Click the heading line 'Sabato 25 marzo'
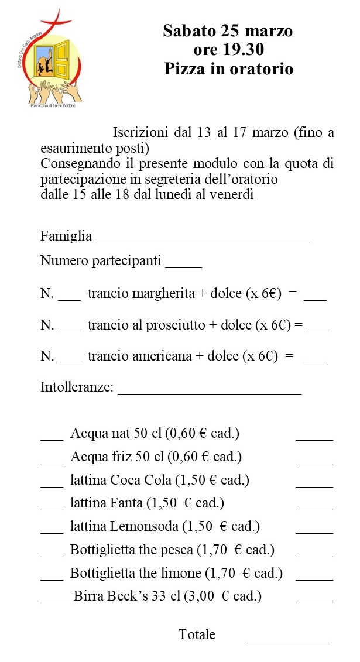(x=228, y=31)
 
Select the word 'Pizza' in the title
(x=183, y=68)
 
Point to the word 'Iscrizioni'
(x=141, y=132)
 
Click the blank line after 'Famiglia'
(x=202, y=239)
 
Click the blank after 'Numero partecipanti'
(x=183, y=264)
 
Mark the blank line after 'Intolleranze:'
(x=210, y=392)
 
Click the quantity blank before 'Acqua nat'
(x=52, y=437)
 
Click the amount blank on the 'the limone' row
(x=314, y=576)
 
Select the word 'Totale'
(x=197, y=634)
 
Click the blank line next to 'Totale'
(x=288, y=639)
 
